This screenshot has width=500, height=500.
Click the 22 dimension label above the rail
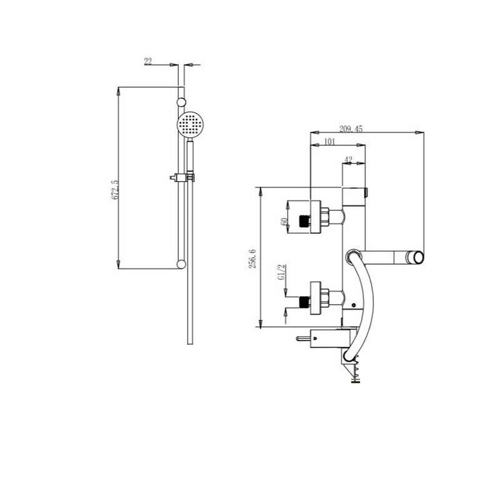tap(148, 61)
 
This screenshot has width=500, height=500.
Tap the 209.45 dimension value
tap(350, 128)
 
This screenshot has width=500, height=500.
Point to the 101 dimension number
tap(328, 142)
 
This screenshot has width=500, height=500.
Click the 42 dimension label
tap(349, 160)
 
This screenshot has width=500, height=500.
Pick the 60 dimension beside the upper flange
tap(284, 221)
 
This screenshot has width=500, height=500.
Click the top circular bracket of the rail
tap(181, 102)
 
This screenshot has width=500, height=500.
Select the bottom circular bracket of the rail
tap(181, 263)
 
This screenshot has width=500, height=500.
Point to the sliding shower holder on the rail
tap(182, 178)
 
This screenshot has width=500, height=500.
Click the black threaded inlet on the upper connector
tap(303, 221)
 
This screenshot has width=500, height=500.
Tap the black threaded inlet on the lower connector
tap(303, 302)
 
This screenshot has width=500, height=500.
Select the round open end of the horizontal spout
tap(416, 257)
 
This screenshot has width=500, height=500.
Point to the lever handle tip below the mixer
tap(301, 338)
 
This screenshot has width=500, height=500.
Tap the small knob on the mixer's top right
tap(367, 193)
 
